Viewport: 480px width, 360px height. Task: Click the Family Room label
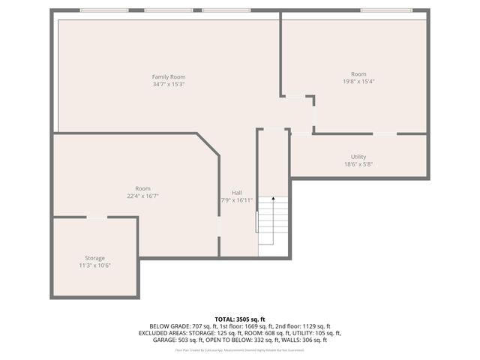pos(169,76)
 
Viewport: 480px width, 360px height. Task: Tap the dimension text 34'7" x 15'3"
pos(169,84)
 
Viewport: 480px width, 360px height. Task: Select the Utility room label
pos(358,157)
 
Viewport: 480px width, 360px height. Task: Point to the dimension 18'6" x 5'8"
pos(358,164)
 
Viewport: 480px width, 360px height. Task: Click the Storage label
pos(94,258)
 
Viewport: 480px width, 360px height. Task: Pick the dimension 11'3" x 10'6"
pos(94,265)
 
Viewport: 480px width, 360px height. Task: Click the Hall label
pos(236,193)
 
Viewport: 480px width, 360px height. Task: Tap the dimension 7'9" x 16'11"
pos(236,200)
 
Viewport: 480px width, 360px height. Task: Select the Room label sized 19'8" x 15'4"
pos(358,73)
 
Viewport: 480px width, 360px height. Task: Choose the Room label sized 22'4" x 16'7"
pos(142,188)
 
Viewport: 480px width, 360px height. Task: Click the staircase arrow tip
pos(274,199)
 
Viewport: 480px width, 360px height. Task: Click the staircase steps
pos(274,225)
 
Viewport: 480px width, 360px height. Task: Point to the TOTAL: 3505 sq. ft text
pos(240,319)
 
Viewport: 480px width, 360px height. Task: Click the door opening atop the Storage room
pos(96,217)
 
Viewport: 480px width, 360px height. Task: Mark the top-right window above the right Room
pos(386,10)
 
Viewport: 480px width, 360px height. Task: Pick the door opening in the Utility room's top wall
pos(385,133)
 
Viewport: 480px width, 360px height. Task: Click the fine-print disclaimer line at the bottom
pos(240,349)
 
